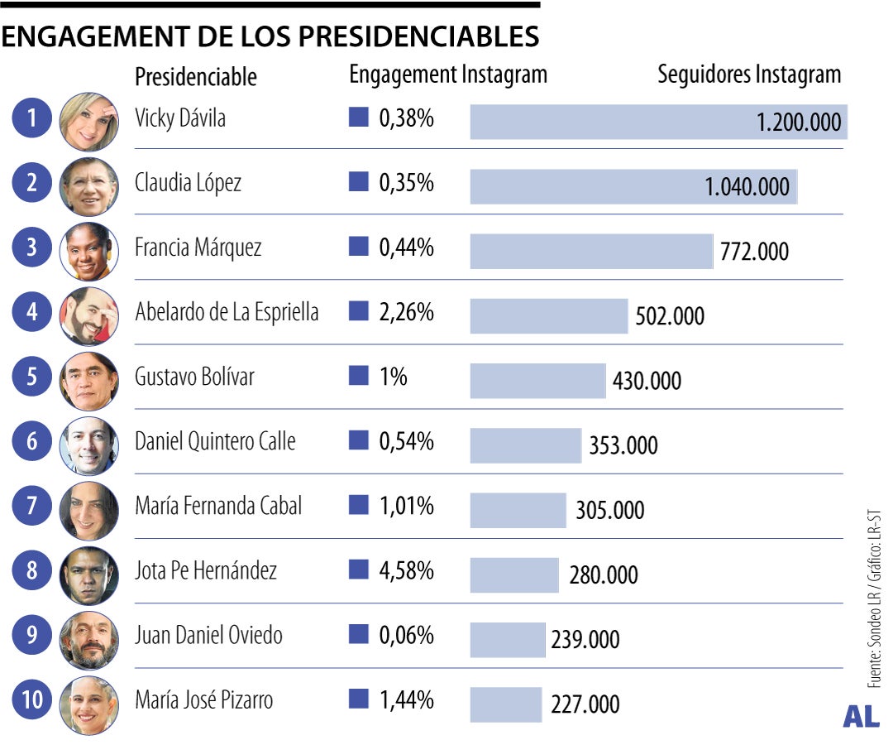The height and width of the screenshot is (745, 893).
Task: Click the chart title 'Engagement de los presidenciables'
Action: click(270, 37)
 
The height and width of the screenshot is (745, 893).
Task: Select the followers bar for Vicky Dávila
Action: click(612, 123)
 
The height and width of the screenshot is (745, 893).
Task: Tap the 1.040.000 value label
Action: click(747, 187)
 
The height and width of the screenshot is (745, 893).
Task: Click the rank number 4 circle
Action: click(32, 313)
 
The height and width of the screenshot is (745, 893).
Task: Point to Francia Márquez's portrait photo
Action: click(89, 251)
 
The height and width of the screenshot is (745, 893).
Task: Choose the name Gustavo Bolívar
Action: click(194, 377)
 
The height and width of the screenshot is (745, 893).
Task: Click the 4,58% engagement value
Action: click(406, 570)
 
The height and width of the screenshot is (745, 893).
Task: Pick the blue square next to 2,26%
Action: click(358, 312)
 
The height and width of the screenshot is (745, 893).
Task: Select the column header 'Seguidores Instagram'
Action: click(748, 74)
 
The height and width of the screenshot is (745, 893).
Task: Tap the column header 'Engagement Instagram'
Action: click(448, 74)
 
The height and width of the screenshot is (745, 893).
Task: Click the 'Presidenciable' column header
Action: click(196, 77)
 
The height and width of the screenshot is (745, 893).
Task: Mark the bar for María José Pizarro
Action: click(505, 704)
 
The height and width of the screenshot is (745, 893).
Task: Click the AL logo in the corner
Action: click(861, 717)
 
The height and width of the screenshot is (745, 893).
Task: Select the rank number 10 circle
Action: click(32, 701)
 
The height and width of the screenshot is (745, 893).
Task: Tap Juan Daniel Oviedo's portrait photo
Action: click(89, 640)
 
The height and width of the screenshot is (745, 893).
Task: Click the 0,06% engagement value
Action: click(406, 636)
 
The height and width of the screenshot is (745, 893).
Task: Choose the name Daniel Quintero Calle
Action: click(215, 441)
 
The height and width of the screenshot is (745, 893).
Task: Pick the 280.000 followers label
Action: click(603, 575)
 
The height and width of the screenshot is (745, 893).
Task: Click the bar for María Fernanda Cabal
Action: click(518, 510)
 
